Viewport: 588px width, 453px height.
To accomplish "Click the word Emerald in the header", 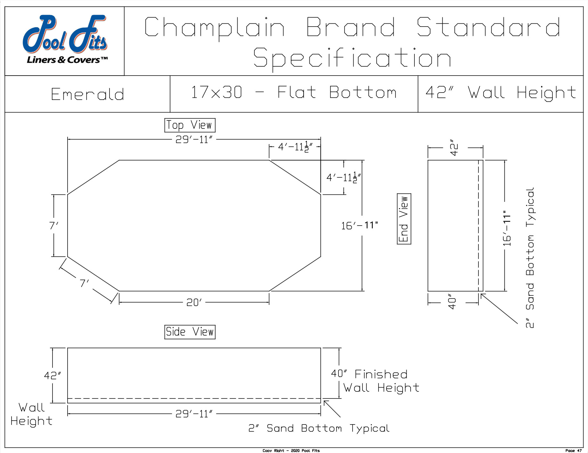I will point(87,95).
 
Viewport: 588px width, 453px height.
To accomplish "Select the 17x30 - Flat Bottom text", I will point(293,93).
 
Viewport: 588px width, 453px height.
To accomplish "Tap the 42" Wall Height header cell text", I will point(501,93).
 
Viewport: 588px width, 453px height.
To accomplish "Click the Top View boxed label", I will point(190,125).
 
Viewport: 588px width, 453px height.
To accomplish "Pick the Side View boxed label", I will point(190,332).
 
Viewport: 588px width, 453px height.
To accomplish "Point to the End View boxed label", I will point(404,219).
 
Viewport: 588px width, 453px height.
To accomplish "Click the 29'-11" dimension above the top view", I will point(194,140).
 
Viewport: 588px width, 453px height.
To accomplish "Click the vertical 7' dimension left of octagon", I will point(53,226).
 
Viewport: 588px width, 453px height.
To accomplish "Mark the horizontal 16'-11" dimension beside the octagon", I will point(359,226).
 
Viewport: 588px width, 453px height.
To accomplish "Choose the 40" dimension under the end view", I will point(452,302).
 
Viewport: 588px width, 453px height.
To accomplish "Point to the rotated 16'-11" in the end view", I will point(506,228).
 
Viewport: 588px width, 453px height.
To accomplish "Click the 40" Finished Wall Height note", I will point(375,381).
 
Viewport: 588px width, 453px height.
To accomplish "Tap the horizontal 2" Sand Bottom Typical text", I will point(319,428).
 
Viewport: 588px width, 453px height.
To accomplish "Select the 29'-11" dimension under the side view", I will point(194,414).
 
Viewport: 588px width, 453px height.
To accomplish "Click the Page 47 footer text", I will point(573,450).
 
